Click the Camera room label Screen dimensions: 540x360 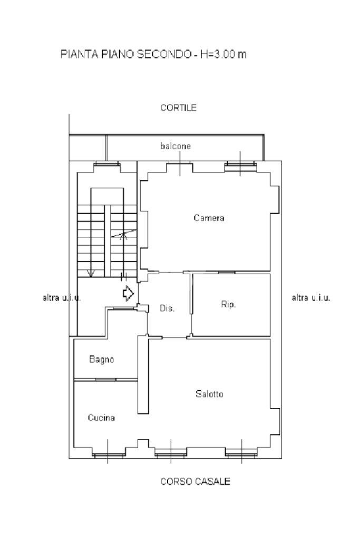tap(209, 218)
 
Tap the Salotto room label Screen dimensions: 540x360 tap(209, 394)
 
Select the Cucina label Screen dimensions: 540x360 tap(101, 418)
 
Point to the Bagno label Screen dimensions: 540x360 tap(101, 360)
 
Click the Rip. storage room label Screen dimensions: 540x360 tap(228, 304)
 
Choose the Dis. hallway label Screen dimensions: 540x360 tap(167, 308)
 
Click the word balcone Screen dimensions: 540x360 tap(176, 146)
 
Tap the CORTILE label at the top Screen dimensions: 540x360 tap(179, 108)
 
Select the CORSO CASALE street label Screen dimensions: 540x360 tap(195, 481)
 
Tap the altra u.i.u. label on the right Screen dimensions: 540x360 tap(311, 298)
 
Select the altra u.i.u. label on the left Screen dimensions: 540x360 tap(62, 298)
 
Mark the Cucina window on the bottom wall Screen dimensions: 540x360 tap(108, 453)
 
